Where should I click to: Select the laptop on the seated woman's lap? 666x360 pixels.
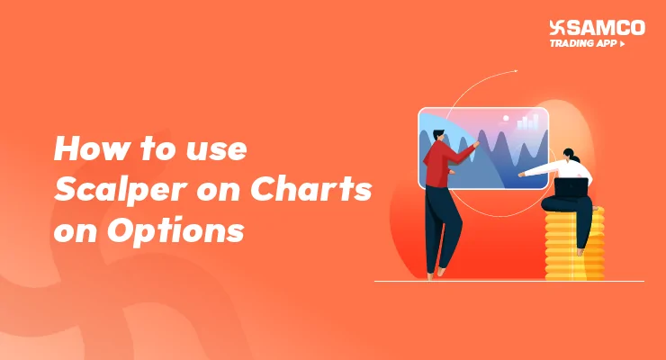coord(571,188)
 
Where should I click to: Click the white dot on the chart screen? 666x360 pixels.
coord(507,118)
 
